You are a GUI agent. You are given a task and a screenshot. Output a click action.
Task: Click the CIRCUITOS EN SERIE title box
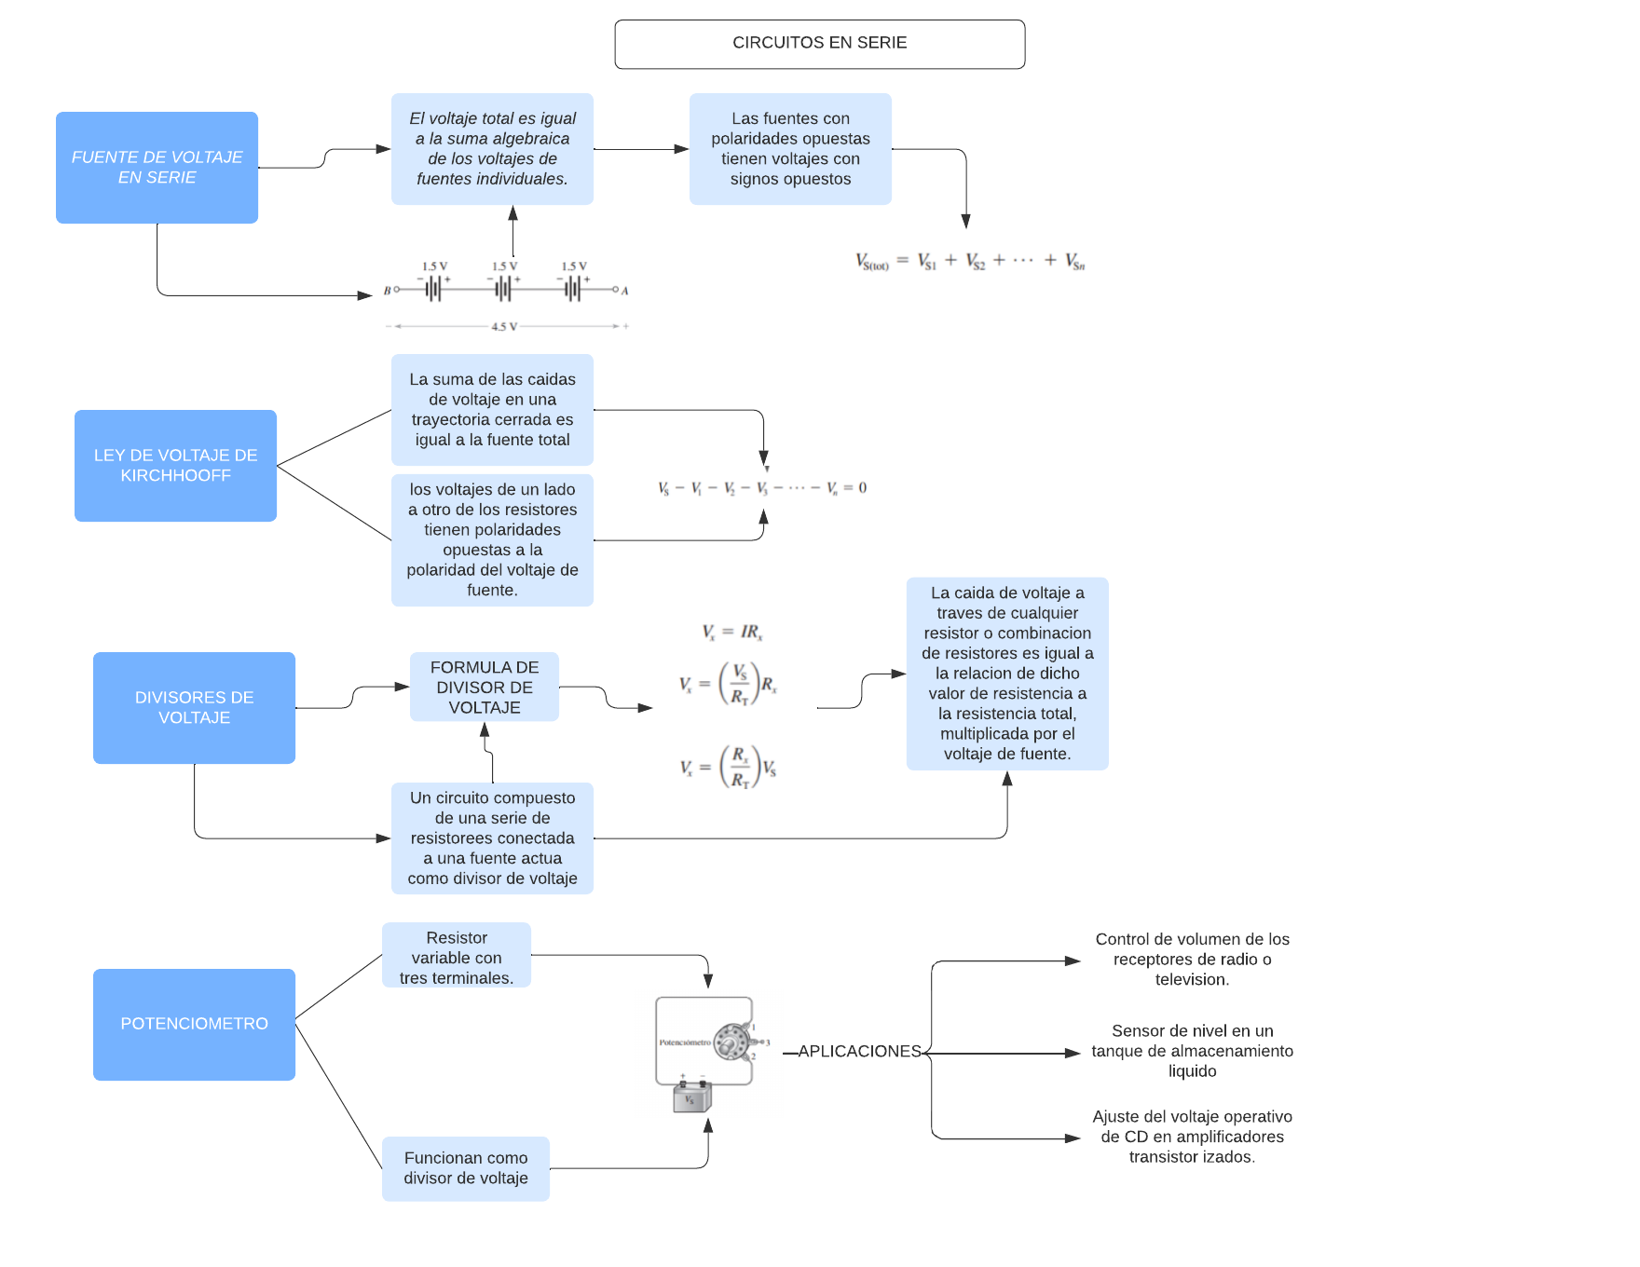click(819, 44)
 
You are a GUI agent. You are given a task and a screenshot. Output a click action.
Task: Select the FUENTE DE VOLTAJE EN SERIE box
click(157, 168)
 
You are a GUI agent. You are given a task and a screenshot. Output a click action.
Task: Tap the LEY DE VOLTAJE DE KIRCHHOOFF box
click(175, 465)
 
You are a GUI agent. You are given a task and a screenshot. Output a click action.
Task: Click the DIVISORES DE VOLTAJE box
click(194, 707)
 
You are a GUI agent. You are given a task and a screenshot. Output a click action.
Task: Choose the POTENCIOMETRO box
click(194, 1024)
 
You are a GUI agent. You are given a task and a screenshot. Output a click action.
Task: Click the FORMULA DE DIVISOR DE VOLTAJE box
click(484, 687)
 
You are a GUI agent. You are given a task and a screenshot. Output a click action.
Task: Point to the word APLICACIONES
click(859, 1051)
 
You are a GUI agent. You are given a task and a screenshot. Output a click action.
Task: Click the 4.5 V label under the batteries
click(504, 327)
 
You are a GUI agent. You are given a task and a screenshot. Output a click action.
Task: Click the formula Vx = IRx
click(732, 633)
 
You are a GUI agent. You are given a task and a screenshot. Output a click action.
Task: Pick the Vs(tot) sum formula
click(970, 262)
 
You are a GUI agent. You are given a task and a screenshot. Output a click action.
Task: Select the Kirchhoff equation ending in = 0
click(762, 488)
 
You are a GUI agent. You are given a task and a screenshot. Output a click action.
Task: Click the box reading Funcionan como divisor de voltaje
click(465, 1168)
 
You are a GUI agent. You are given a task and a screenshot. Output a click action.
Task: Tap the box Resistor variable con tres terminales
click(456, 957)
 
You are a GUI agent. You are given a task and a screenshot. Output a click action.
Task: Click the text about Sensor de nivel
click(1192, 1051)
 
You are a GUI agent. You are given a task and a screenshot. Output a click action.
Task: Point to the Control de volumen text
click(1192, 959)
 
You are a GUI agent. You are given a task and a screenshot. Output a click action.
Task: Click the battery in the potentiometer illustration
click(691, 1097)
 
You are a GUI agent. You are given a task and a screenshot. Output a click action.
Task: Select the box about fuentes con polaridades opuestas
click(790, 149)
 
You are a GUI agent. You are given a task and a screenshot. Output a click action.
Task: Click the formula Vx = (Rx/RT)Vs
click(729, 768)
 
